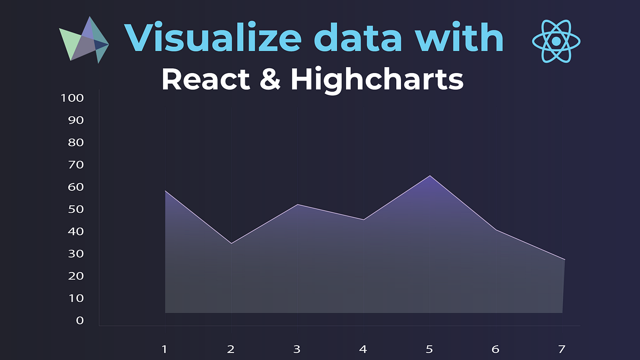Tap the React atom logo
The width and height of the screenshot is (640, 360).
[x=556, y=41]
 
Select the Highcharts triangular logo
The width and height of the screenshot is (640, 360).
[x=84, y=41]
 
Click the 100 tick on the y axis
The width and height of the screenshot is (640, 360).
[x=73, y=98]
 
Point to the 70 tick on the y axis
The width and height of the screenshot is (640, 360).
[x=76, y=165]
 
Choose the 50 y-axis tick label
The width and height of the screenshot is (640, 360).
[x=76, y=209]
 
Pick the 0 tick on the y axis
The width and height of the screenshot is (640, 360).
[x=79, y=320]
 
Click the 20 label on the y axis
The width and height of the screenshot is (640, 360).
[x=76, y=276]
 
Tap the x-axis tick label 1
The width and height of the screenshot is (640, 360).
[x=165, y=349]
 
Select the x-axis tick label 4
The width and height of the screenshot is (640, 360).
[x=363, y=349]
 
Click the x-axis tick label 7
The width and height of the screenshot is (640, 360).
[x=561, y=349]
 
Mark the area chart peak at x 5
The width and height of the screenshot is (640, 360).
[x=429, y=175]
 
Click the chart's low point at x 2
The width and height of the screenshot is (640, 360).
[x=231, y=244]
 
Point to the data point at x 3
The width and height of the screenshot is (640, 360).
[x=297, y=205]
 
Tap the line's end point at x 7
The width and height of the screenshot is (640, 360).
[x=564, y=260]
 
